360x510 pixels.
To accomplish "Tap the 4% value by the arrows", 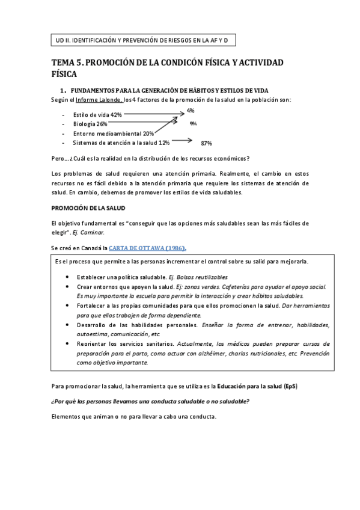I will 190,111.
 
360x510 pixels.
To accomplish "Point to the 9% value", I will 193,123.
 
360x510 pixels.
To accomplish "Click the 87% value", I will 207,143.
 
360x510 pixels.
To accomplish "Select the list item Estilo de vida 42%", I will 97,114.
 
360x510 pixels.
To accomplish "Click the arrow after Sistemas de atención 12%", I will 182,142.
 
